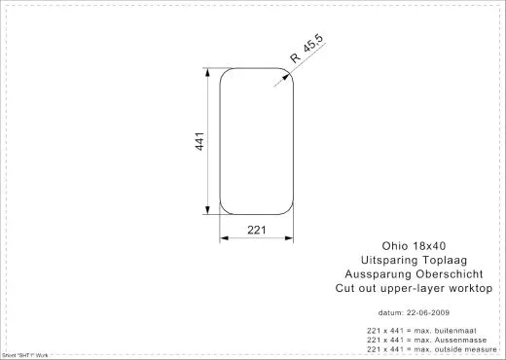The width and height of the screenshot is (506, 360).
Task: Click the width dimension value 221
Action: [257, 231]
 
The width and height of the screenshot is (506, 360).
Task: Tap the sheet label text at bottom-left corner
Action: [19, 356]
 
